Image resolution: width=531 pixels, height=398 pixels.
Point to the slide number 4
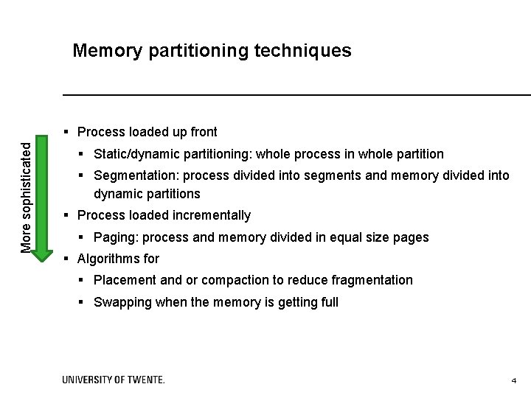point(514,380)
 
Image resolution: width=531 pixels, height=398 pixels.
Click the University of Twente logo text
point(114,380)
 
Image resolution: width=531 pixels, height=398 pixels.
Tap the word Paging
point(112,237)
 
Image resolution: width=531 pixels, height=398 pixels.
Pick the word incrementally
point(212,215)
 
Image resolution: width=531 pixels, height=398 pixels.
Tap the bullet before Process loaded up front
point(66,133)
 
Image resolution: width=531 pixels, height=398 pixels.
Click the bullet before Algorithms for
point(66,259)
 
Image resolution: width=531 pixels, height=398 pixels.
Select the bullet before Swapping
point(83,302)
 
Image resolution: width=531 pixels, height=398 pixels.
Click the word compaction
point(226,280)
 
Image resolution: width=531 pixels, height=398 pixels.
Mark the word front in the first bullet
point(204,132)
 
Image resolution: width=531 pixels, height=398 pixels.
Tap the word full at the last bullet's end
point(328,302)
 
